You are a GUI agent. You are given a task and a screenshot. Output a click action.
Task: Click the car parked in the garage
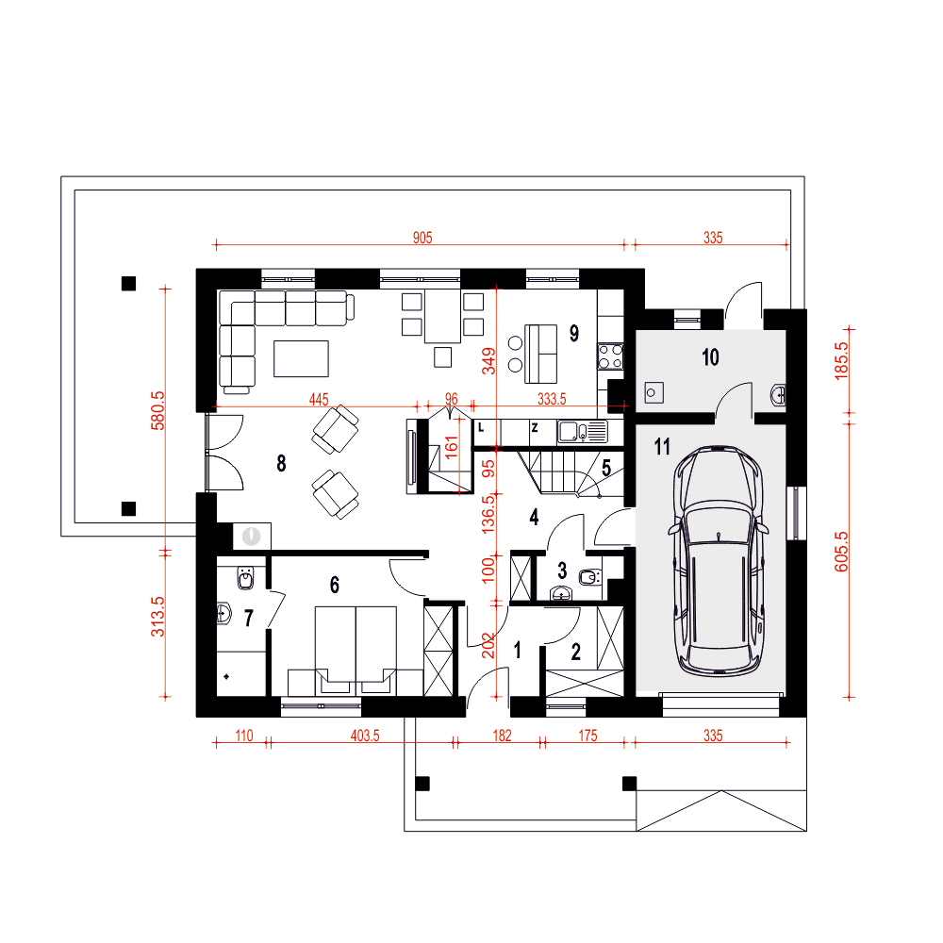pyautogui.click(x=718, y=560)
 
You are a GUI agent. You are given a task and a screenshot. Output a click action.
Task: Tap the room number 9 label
pyautogui.click(x=574, y=333)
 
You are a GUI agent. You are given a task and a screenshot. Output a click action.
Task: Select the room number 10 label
pyautogui.click(x=710, y=357)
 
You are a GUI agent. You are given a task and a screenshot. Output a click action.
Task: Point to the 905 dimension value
pyautogui.click(x=422, y=238)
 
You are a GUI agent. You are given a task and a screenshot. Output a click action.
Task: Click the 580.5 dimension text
pyautogui.click(x=157, y=411)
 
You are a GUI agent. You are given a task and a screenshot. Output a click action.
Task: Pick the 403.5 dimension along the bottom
pyautogui.click(x=365, y=736)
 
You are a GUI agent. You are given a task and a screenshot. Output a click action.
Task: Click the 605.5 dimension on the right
pyautogui.click(x=841, y=552)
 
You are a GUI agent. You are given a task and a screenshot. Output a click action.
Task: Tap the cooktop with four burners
pyautogui.click(x=610, y=356)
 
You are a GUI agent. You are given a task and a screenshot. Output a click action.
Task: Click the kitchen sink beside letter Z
pyautogui.click(x=582, y=431)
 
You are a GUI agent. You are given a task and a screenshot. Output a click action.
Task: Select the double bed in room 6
pyautogui.click(x=356, y=651)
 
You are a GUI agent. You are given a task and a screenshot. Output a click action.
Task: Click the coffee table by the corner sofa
pyautogui.click(x=302, y=358)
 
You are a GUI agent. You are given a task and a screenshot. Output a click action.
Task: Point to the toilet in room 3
pyautogui.click(x=590, y=577)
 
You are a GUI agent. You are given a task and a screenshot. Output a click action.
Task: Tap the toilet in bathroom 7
pyautogui.click(x=246, y=578)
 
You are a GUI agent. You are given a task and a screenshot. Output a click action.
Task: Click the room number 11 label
pyautogui.click(x=662, y=447)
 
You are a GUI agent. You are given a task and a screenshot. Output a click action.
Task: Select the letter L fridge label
pyautogui.click(x=481, y=428)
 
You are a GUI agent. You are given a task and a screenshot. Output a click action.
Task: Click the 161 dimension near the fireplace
pyautogui.click(x=451, y=447)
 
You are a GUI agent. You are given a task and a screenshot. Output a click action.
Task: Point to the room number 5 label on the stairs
pyautogui.click(x=606, y=468)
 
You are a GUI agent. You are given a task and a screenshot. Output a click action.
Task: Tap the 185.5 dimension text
pyautogui.click(x=841, y=361)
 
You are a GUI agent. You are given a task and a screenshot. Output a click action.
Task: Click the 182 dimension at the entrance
pyautogui.click(x=502, y=736)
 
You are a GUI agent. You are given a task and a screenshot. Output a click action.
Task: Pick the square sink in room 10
pyautogui.click(x=654, y=392)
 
